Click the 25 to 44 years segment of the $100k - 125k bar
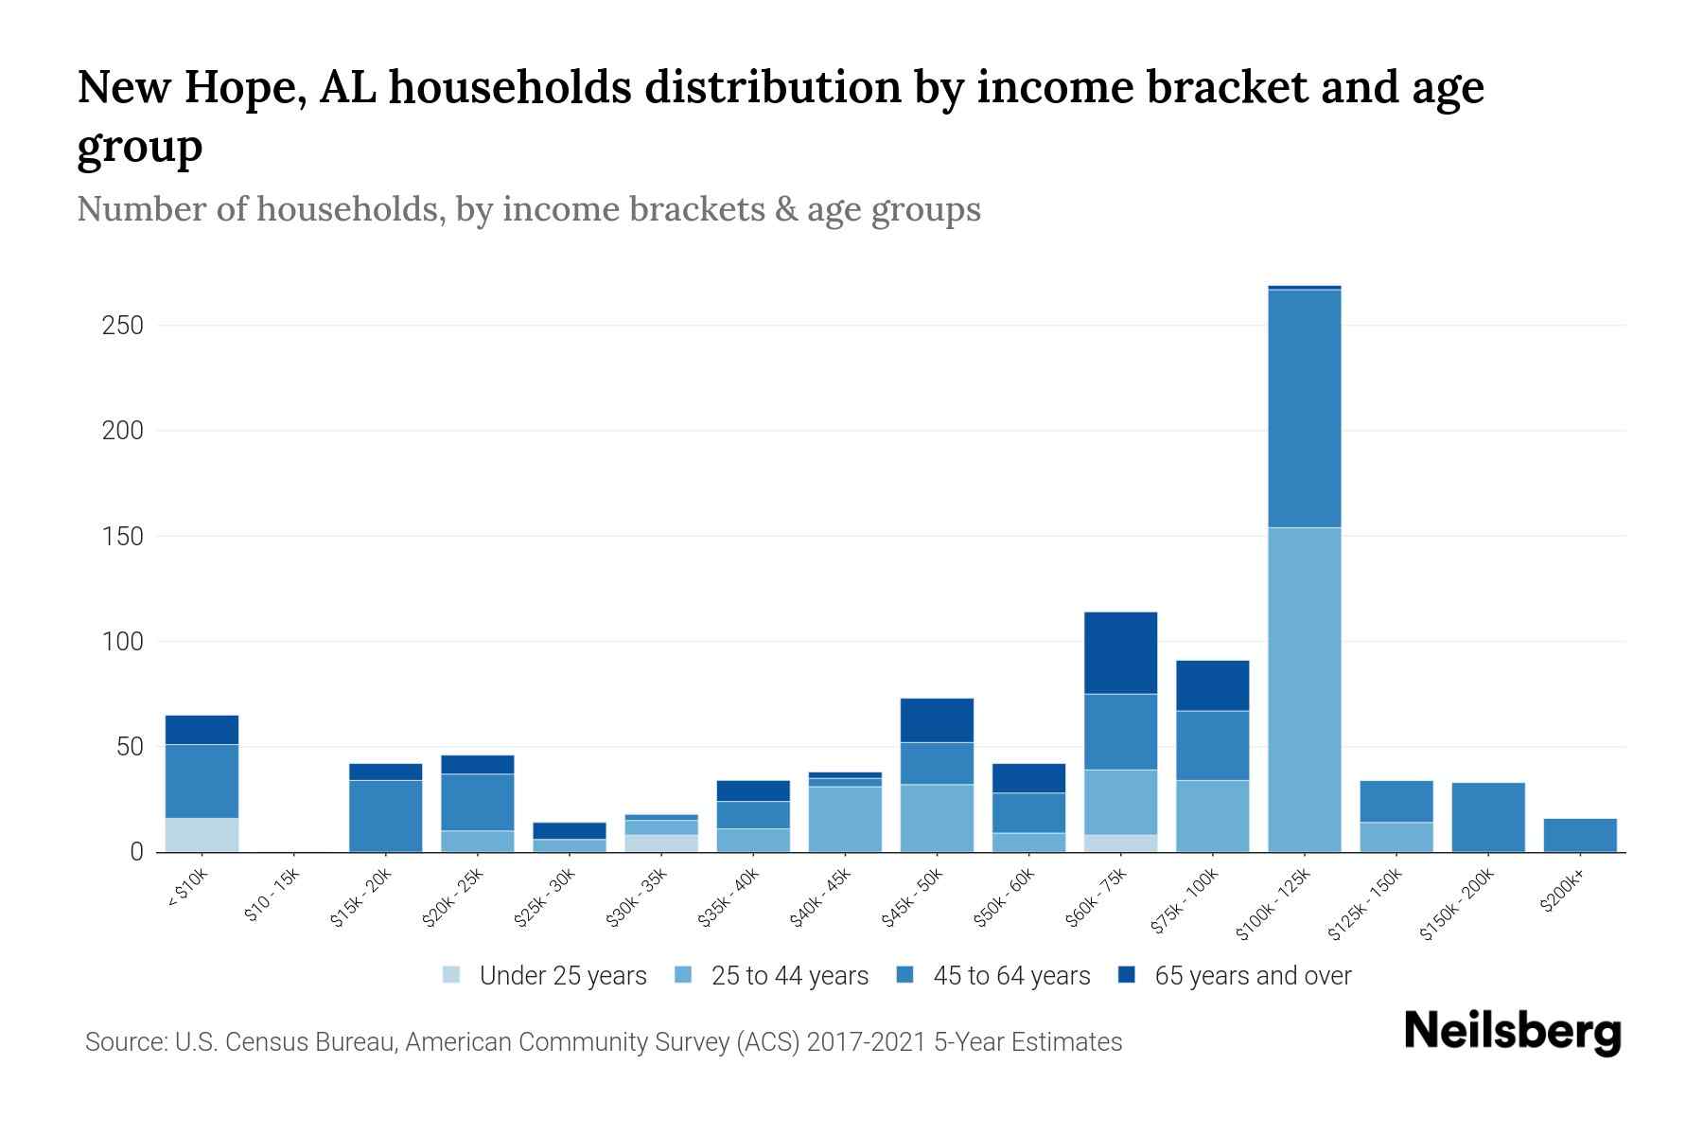1304,689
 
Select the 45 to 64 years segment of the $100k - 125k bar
1304,408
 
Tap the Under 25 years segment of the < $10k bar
202,835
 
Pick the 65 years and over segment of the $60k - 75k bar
1120,653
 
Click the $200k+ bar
1579,835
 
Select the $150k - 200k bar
1487,817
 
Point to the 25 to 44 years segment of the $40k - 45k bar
845,819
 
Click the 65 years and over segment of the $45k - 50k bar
937,720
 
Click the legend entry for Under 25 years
562,976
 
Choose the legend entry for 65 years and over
1252,976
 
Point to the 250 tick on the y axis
122,326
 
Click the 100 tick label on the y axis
122,642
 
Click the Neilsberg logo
1512,1032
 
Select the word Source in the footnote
123,1042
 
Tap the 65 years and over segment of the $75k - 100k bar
1212,685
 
